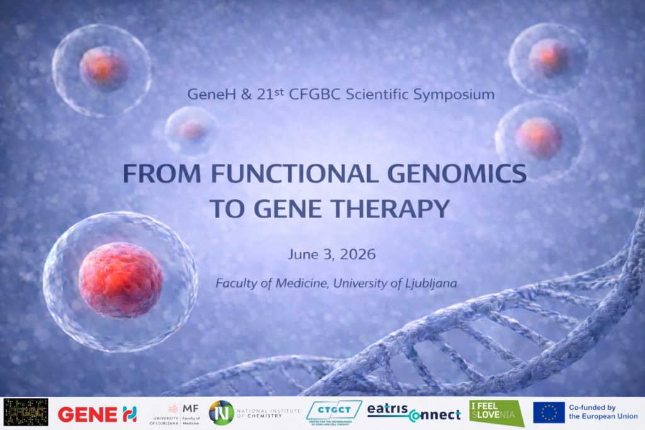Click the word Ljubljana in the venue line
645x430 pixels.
coord(428,283)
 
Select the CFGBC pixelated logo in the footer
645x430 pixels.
coord(26,412)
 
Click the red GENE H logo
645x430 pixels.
coord(97,414)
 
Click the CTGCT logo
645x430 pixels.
coord(333,413)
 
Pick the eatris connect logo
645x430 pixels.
coord(414,413)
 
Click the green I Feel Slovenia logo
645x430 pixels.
coord(497,413)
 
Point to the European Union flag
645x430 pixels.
coord(549,412)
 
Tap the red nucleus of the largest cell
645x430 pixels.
coord(120,279)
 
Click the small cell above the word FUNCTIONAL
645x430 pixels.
coord(190,131)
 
